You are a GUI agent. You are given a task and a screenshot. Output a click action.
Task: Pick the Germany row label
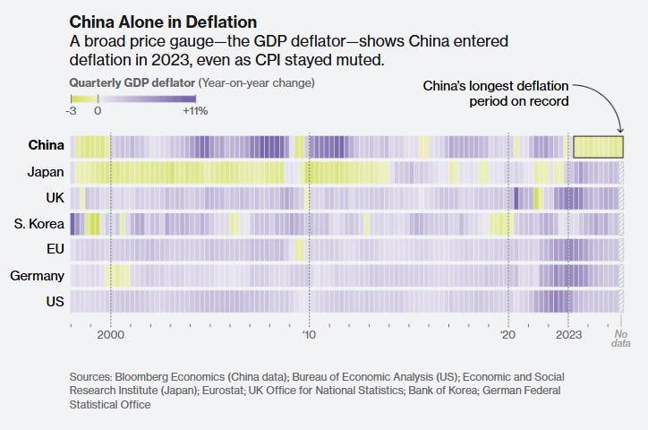(37, 276)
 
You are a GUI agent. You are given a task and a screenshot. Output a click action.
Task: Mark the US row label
(54, 302)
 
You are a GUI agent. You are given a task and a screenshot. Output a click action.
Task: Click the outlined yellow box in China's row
(598, 147)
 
